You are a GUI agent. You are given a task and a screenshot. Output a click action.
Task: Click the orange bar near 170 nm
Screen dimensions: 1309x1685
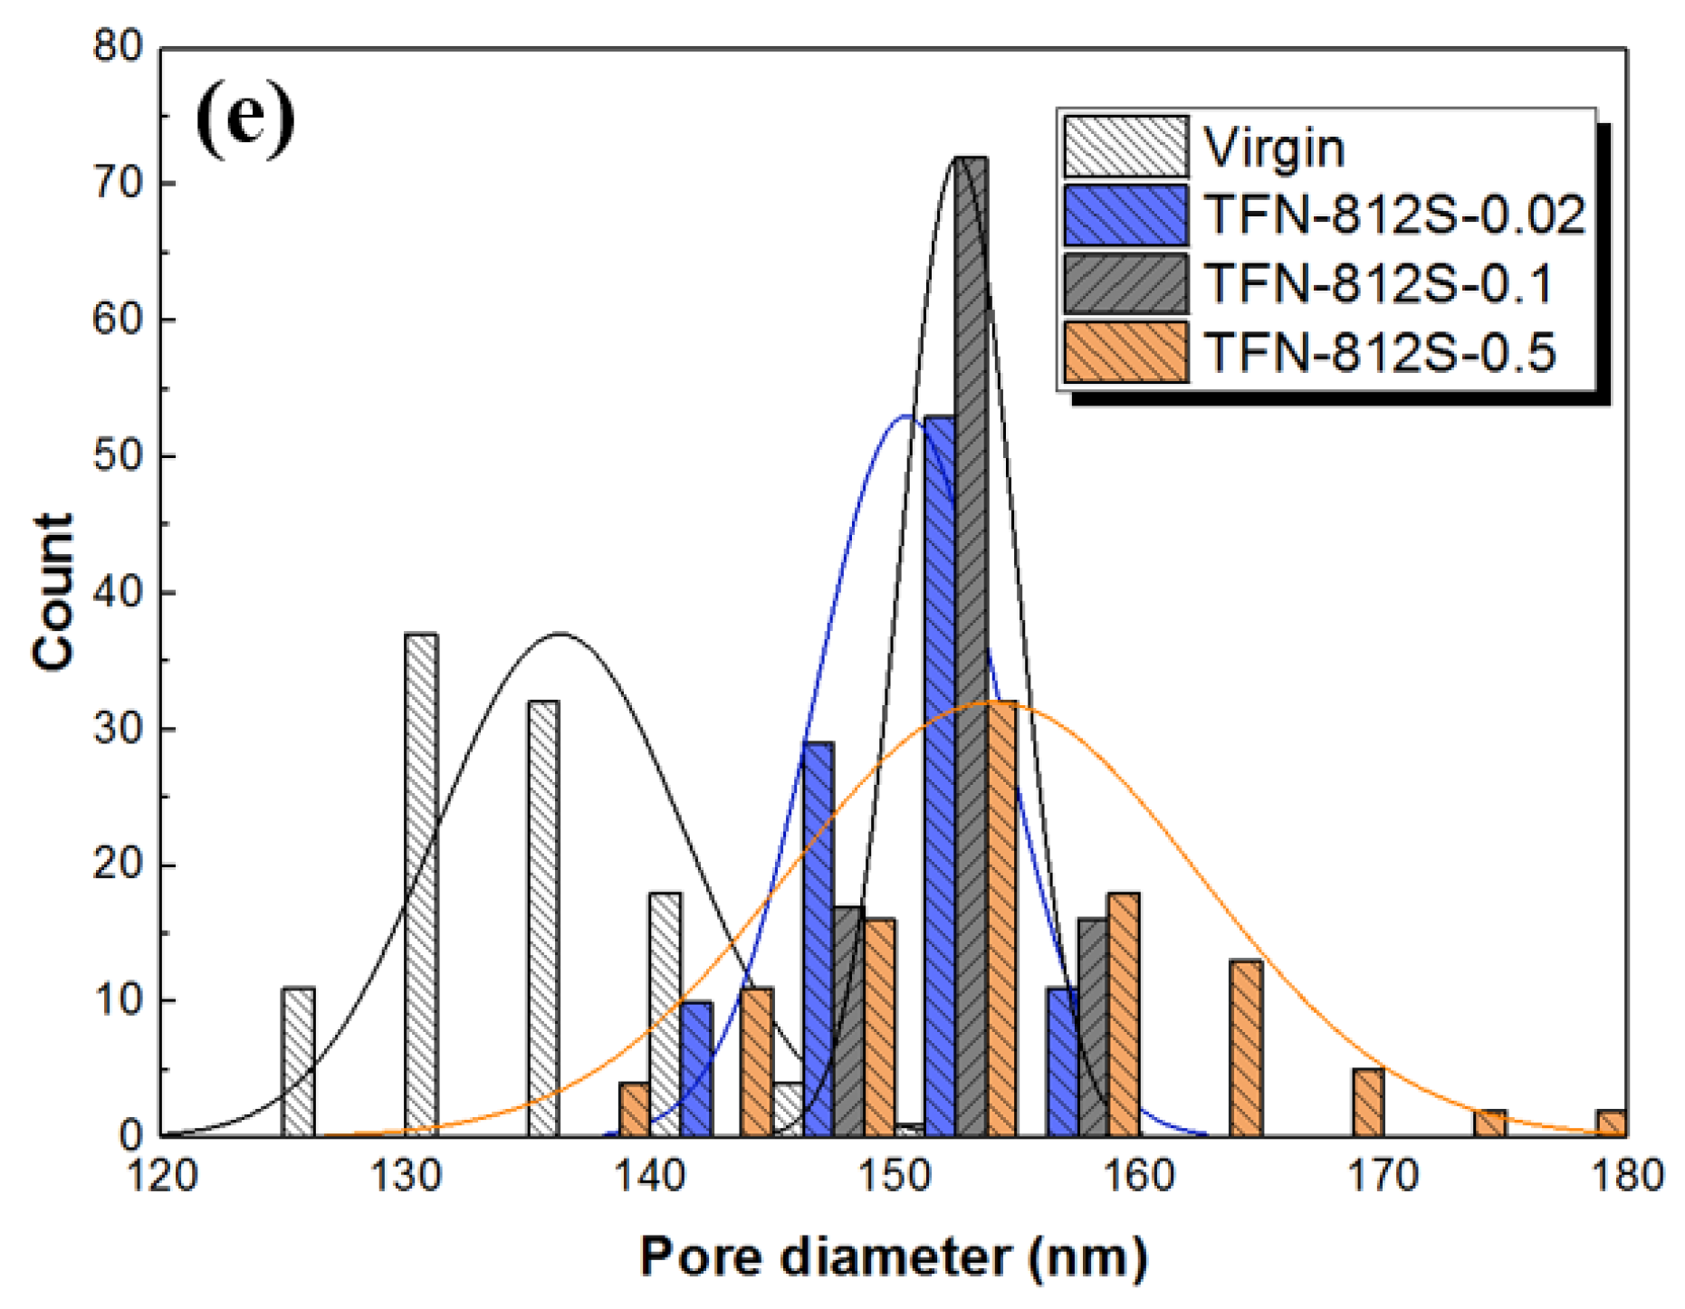coord(1368,1102)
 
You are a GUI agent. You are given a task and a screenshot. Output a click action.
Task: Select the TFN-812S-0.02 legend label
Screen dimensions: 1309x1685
coord(1394,215)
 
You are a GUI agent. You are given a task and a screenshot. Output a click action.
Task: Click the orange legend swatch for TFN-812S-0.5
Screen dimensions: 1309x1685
coord(1125,352)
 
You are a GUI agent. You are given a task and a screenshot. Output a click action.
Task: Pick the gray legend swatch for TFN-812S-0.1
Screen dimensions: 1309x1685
coord(1125,284)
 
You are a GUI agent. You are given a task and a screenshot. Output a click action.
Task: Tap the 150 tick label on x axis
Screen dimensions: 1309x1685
coord(894,1176)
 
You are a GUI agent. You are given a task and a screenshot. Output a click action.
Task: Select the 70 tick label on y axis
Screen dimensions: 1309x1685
coord(118,184)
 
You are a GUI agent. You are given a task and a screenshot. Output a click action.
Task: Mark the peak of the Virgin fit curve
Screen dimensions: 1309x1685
coord(561,634)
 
